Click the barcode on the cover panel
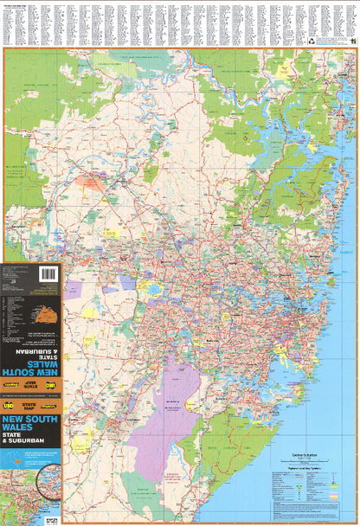tap(48, 273)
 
